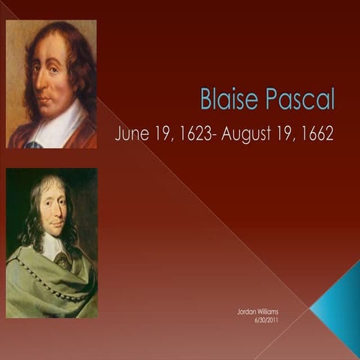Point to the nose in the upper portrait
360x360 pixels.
pyautogui.click(x=40, y=79)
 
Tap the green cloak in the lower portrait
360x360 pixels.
pyautogui.click(x=49, y=289)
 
